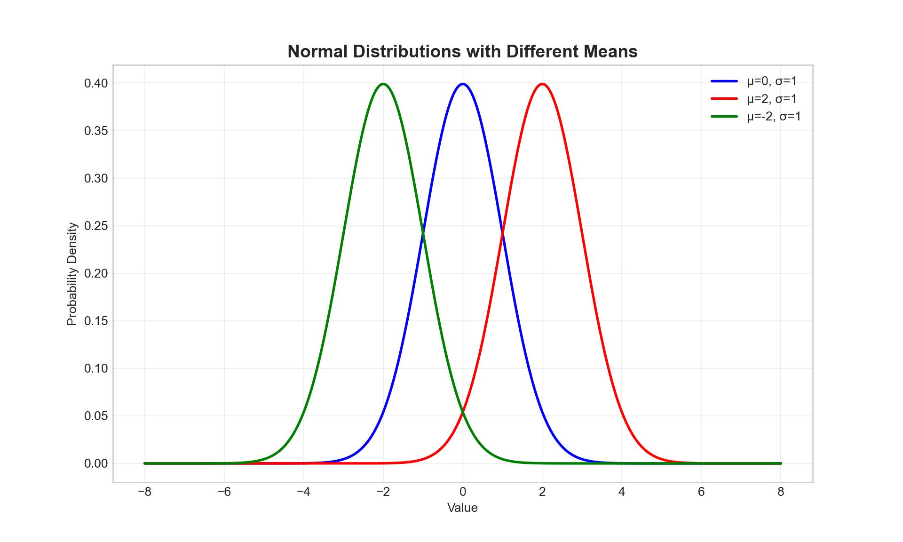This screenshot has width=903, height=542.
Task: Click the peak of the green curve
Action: [x=383, y=84]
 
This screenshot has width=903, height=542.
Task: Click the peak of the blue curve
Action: [x=463, y=84]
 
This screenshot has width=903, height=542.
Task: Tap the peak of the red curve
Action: [x=542, y=84]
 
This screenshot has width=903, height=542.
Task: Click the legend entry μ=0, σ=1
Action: [x=772, y=81]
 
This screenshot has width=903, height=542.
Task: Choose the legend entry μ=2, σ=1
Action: [x=772, y=99]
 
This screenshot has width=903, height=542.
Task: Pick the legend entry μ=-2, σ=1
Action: [x=774, y=116]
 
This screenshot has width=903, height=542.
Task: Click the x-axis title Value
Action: [x=462, y=508]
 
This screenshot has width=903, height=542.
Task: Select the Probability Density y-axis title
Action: [x=72, y=274]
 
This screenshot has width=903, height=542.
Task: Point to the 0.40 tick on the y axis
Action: [x=96, y=83]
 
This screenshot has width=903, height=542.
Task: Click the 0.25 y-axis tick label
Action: [x=96, y=226]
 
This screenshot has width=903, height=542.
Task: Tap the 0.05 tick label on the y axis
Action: [x=96, y=416]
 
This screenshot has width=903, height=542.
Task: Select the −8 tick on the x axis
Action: [x=144, y=492]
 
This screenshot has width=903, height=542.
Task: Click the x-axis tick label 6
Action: [x=701, y=492]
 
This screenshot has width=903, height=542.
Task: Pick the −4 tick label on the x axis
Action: [x=303, y=492]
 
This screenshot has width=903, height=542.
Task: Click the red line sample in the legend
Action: [x=724, y=99]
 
